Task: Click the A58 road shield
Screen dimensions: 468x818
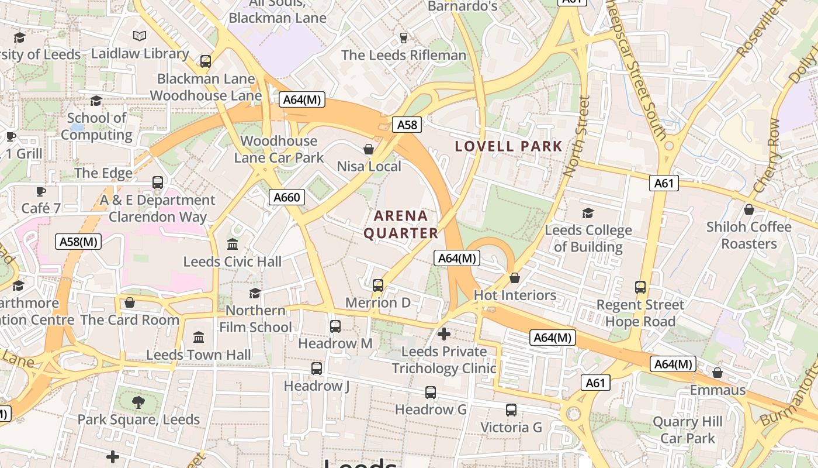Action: coord(407,125)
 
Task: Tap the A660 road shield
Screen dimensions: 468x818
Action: coord(287,198)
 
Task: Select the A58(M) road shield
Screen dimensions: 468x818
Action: coord(79,242)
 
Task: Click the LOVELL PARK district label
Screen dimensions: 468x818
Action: coord(508,146)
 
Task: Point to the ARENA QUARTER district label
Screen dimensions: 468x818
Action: coord(401,225)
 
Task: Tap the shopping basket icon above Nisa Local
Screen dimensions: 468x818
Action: coord(369,150)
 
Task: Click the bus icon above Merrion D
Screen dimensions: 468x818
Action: coord(378,285)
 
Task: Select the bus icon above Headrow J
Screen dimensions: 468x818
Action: coord(316,369)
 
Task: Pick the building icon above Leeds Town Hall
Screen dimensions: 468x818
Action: coord(199,338)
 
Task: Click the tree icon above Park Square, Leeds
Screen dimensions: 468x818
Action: coord(138,402)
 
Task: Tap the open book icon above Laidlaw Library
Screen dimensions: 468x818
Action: coord(140,36)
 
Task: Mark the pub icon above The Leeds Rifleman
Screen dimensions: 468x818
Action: coord(403,38)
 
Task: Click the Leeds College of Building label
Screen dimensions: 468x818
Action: coord(588,239)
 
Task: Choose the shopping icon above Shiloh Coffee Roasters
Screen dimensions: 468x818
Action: coord(748,209)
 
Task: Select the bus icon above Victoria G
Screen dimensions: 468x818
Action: coord(511,410)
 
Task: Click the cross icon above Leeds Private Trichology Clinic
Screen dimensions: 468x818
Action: coord(444,334)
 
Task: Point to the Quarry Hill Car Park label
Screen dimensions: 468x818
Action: coord(688,430)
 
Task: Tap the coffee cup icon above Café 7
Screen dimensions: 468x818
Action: coord(41,191)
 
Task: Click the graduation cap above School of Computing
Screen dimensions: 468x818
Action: coord(96,101)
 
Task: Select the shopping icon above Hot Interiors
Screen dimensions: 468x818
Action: coord(515,278)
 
